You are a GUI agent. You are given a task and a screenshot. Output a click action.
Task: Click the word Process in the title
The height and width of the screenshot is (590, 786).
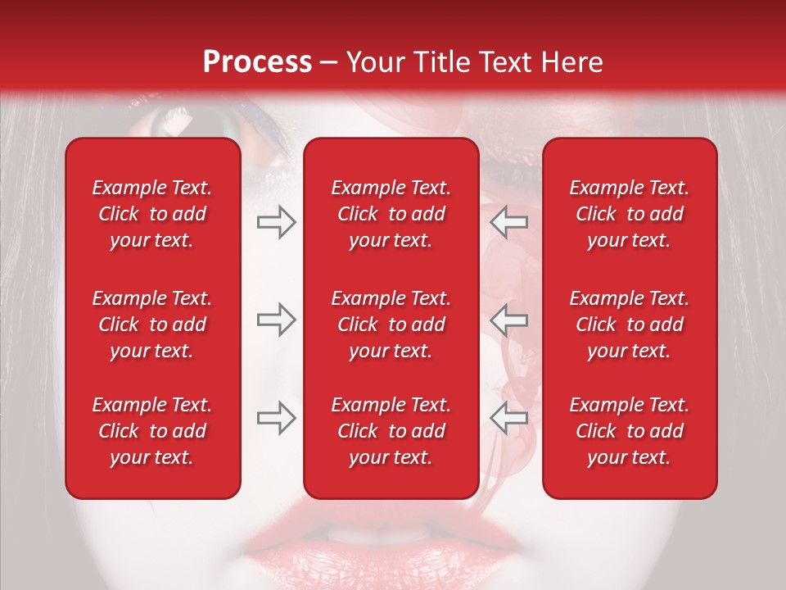[257, 62]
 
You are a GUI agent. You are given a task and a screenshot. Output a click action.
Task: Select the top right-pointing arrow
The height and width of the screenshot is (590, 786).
[276, 222]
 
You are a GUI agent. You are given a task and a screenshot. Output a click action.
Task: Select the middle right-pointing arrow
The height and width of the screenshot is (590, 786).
[276, 320]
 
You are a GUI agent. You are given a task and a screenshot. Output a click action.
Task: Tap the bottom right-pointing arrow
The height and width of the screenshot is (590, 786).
[276, 418]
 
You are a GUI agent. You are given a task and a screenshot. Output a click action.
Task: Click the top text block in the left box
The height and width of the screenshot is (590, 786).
[152, 214]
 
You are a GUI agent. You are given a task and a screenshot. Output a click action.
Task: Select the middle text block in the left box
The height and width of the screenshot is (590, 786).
[152, 324]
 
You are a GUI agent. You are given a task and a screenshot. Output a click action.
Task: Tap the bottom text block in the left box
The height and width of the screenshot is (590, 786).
[152, 431]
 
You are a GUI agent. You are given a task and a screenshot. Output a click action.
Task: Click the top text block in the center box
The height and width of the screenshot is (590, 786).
[391, 214]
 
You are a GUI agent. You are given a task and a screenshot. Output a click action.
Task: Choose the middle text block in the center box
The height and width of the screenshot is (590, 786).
[391, 324]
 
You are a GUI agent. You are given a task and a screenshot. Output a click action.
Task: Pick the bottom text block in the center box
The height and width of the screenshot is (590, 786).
[391, 431]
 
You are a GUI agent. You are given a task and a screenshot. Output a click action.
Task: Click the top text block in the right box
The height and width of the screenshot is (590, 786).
[630, 214]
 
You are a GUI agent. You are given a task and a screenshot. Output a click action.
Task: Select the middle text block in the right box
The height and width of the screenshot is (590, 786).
[630, 324]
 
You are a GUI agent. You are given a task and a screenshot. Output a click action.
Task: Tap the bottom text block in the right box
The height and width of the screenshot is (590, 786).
[630, 431]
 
